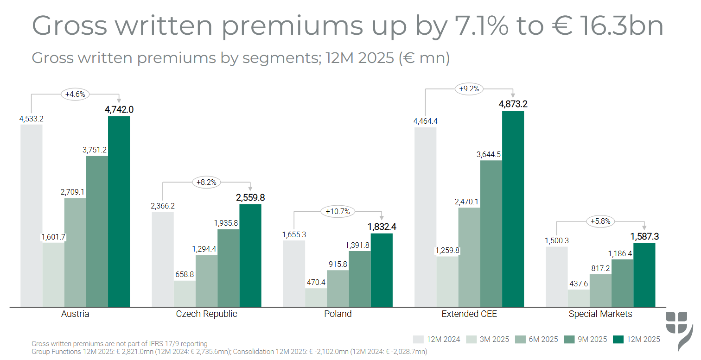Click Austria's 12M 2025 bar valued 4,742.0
[x=119, y=211]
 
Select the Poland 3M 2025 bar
[x=316, y=297]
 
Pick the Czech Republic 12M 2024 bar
[x=163, y=259]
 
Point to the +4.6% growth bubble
[x=75, y=95]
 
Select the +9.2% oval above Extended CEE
[x=469, y=89]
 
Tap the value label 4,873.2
[x=513, y=104]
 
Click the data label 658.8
[x=185, y=274]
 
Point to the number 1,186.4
[x=622, y=253]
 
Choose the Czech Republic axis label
[x=206, y=314]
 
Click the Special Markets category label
[x=600, y=314]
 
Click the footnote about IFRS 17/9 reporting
[x=120, y=344]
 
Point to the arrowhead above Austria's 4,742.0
[x=119, y=99]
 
